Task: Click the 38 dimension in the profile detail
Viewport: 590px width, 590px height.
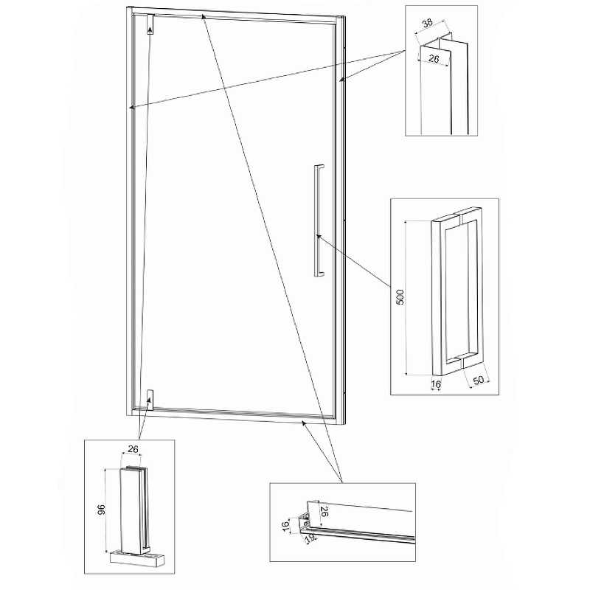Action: pos(428,24)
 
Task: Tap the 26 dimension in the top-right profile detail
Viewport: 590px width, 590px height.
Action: pos(434,59)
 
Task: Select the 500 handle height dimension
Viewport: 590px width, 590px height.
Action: pos(400,297)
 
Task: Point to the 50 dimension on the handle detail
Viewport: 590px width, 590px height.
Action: pos(478,380)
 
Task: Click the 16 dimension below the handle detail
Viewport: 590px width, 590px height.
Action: pos(436,384)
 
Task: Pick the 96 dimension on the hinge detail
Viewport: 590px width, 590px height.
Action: pos(101,510)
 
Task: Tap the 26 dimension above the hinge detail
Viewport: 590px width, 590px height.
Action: pos(133,449)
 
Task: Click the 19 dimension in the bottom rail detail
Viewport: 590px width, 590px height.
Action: pos(310,538)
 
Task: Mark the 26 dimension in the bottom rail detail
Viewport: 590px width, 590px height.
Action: pos(324,511)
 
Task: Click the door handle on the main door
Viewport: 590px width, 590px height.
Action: pos(319,221)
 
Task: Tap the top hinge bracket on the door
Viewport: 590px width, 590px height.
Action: pos(150,24)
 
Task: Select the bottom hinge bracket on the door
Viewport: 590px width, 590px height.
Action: pos(150,400)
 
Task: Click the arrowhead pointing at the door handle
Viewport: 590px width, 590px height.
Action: pos(319,237)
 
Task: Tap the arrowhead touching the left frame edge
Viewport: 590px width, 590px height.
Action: pos(132,108)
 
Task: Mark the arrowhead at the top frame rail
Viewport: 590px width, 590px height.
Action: pos(204,16)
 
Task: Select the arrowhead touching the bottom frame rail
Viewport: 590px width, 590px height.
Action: pos(304,423)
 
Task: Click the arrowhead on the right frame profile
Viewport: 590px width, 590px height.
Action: pos(341,79)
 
